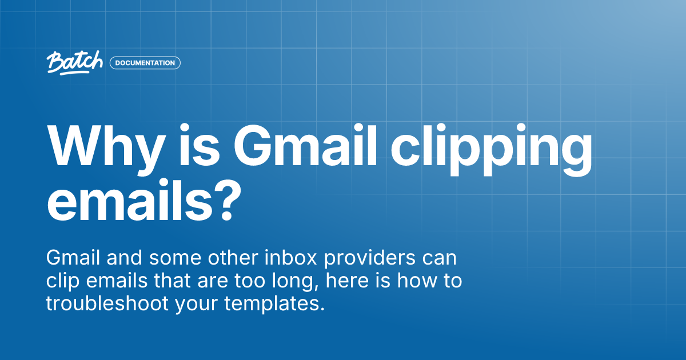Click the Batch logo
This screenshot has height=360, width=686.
point(74,62)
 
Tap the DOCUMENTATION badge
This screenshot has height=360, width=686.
point(145,63)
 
